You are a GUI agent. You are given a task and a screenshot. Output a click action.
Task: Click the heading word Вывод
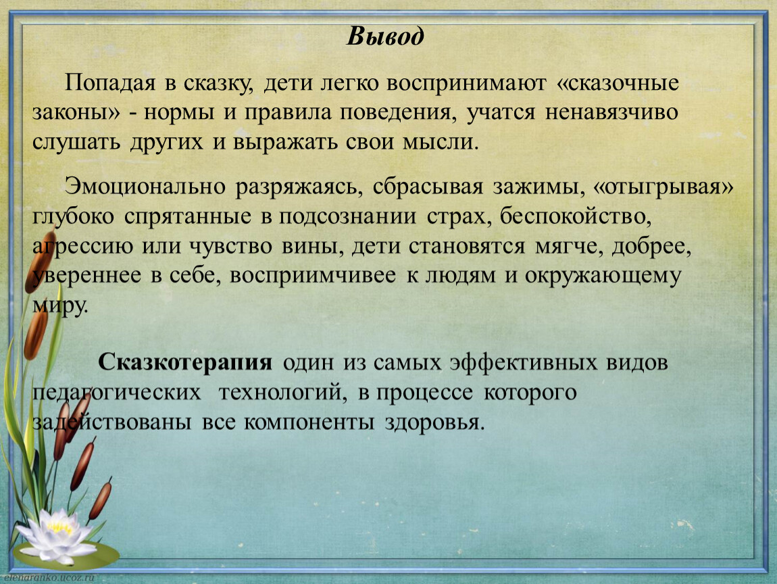(385, 36)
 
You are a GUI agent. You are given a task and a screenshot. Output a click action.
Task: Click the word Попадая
(110, 83)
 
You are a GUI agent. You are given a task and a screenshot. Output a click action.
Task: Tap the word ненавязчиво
(611, 112)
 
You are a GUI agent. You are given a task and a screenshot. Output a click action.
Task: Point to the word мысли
(441, 142)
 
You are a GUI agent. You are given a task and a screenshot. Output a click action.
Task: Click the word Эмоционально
(145, 187)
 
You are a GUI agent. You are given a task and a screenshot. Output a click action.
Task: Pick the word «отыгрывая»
(663, 187)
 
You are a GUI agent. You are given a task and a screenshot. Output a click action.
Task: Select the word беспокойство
(575, 217)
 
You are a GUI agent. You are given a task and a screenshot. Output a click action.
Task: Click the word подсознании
(347, 217)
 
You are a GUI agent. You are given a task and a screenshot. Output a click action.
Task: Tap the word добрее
(651, 247)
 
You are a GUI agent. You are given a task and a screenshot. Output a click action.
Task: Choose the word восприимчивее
(313, 276)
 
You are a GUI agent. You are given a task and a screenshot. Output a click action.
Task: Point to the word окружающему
(603, 276)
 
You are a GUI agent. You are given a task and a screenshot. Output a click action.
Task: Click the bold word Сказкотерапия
(185, 362)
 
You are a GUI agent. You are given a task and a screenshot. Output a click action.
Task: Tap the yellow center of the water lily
(60, 527)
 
